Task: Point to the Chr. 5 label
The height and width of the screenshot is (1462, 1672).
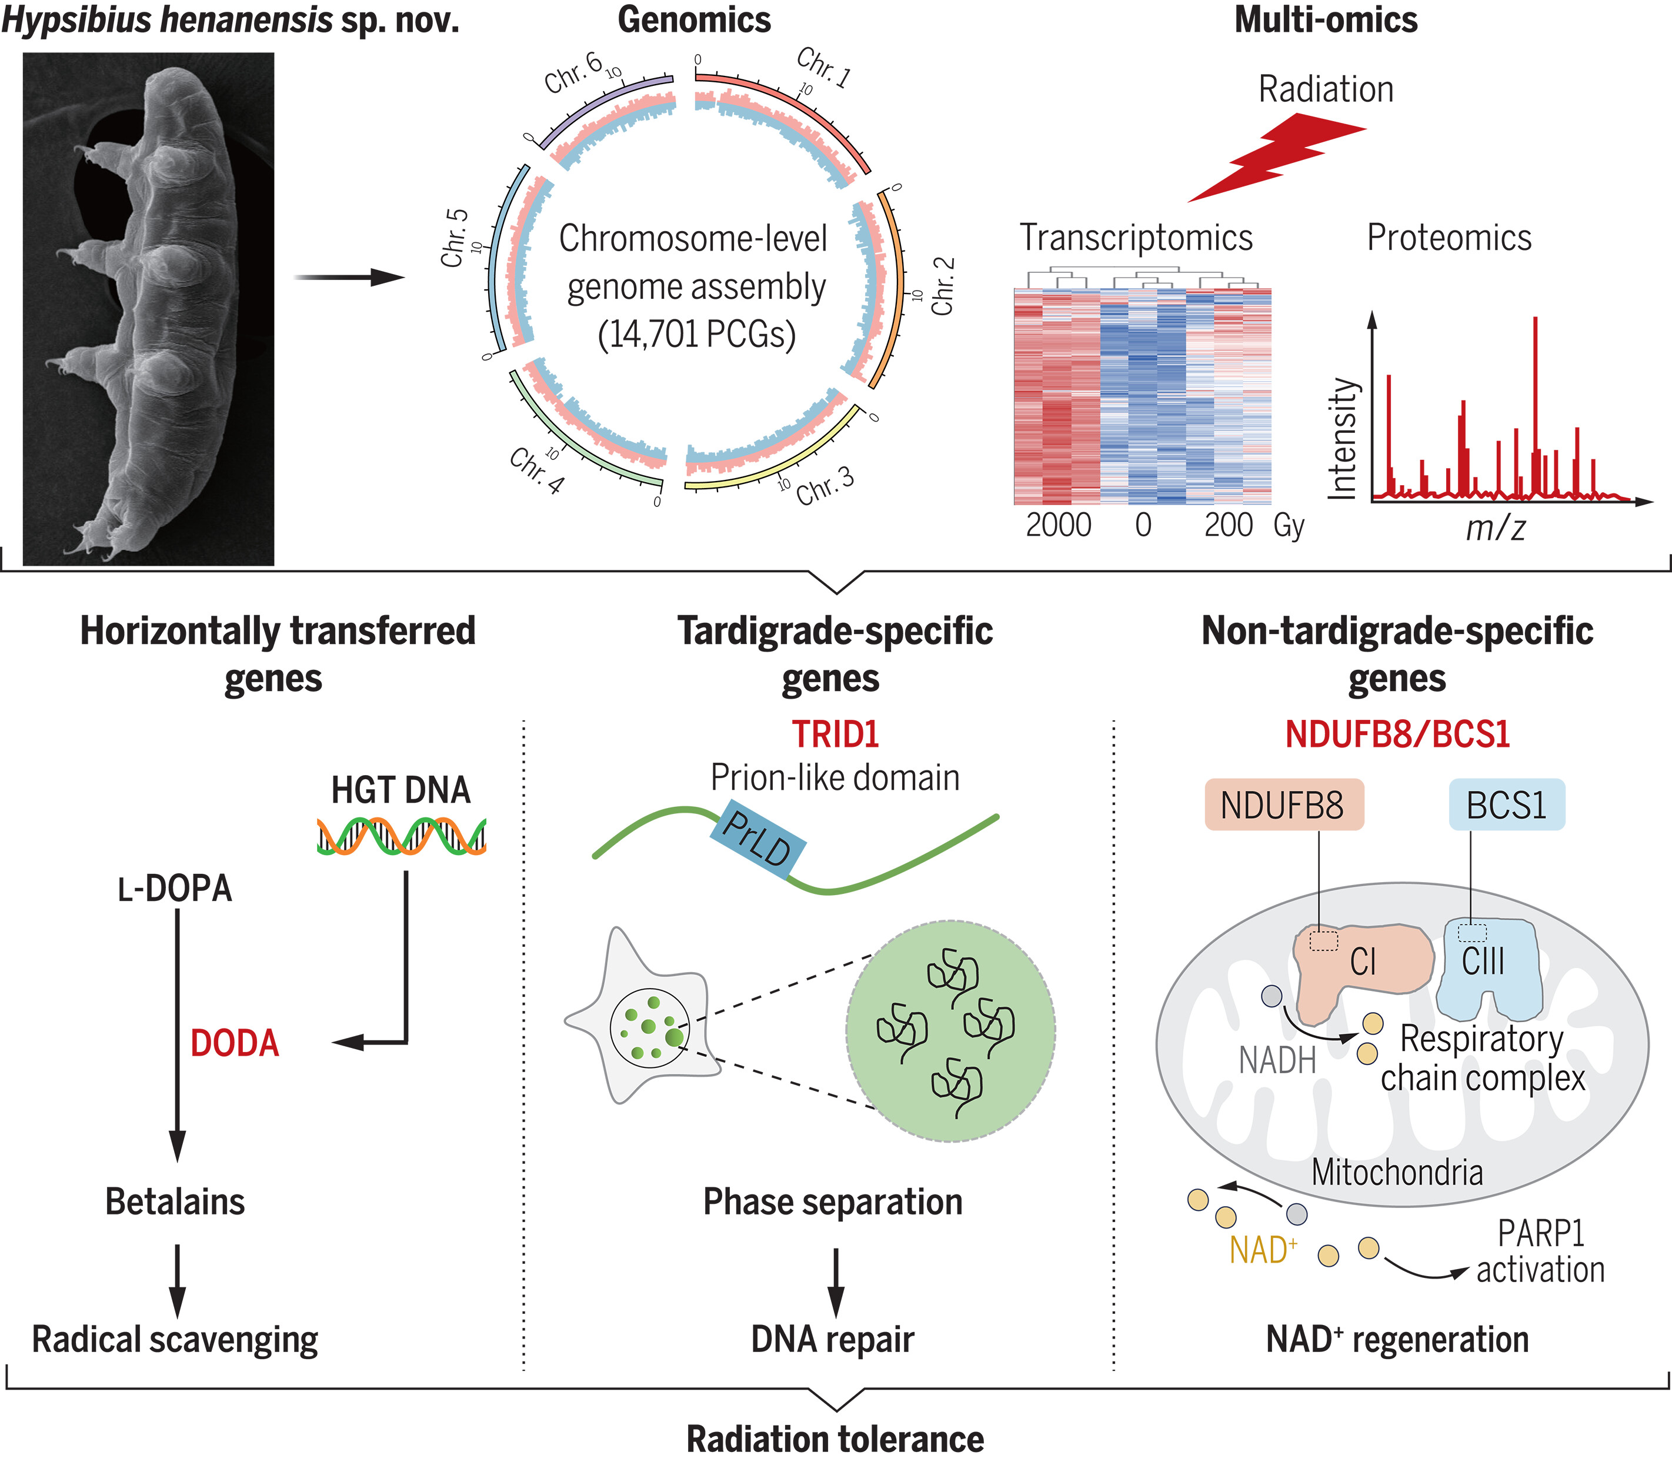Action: click(455, 238)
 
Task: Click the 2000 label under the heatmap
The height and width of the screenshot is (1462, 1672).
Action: click(1059, 525)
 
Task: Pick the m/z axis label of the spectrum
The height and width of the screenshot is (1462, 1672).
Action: click(1495, 529)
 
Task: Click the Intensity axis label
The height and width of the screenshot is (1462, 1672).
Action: click(1342, 438)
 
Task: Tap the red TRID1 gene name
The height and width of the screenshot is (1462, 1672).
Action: click(835, 735)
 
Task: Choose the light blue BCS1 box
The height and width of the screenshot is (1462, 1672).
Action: click(1506, 805)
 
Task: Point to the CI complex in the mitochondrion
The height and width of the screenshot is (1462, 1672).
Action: click(1363, 963)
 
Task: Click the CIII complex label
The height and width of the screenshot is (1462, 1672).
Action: click(1483, 961)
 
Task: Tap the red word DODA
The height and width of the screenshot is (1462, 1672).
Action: click(235, 1043)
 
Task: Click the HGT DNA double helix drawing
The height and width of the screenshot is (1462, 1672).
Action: click(402, 836)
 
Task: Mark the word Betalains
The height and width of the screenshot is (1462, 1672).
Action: click(175, 1201)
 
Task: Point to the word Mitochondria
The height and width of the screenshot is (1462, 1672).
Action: click(1397, 1173)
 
